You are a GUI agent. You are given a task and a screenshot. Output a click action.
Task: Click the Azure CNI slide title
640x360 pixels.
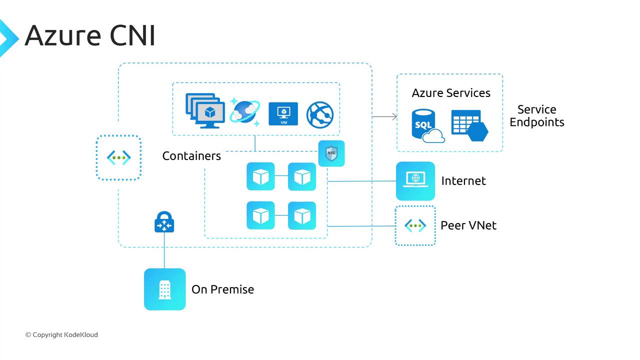[x=90, y=35]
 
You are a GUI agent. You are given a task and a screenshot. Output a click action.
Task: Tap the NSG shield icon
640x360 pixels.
[x=331, y=153]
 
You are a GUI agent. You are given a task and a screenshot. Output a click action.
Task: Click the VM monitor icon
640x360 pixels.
[x=283, y=114]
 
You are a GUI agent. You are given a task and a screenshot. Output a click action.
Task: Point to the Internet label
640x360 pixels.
[x=463, y=181]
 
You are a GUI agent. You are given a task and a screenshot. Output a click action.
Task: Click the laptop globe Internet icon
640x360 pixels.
[x=415, y=180]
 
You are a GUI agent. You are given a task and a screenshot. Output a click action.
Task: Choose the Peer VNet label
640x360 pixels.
[x=468, y=225]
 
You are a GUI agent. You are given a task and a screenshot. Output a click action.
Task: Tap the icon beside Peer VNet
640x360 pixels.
[x=415, y=225]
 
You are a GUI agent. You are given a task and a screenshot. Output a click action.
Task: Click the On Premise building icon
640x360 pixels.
[x=164, y=289]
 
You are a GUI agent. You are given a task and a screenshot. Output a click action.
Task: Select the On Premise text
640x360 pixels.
[x=222, y=289]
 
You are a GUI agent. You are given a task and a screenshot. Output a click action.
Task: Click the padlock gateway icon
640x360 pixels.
[x=164, y=222]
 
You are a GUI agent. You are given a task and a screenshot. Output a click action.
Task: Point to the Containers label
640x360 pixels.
[x=191, y=156]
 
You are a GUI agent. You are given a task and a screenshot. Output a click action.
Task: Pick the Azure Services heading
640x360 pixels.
[x=451, y=93]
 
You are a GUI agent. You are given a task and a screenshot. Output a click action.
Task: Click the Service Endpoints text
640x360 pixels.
[x=536, y=116]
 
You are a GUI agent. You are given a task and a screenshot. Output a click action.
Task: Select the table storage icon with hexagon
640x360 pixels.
[x=469, y=125]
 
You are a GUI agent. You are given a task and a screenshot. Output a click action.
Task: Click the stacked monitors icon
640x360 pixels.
[x=205, y=110]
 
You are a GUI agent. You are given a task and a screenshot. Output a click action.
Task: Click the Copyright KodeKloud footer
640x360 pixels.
[x=61, y=335]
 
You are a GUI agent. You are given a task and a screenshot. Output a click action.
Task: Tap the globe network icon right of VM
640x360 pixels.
[x=319, y=114]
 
